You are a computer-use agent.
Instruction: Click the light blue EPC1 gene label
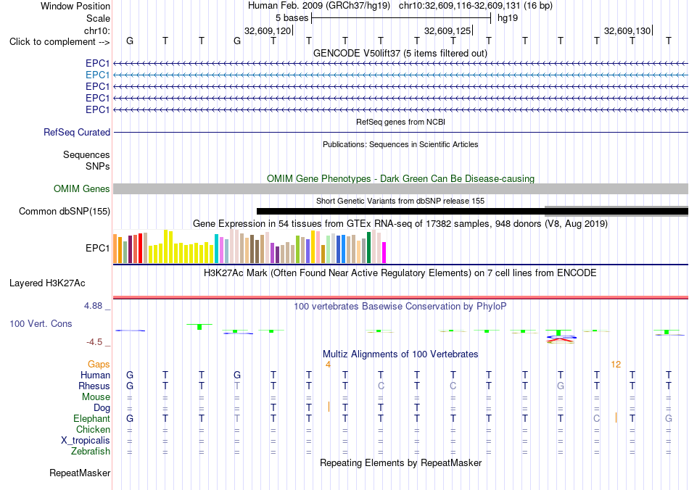point(98,75)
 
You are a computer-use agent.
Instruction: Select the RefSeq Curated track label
point(77,132)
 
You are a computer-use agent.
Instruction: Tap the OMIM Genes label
point(82,188)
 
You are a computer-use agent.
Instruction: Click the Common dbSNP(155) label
point(65,211)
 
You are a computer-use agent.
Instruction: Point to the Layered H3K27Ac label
point(47,283)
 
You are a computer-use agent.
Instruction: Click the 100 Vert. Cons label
point(41,323)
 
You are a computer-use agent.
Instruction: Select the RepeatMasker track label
point(80,473)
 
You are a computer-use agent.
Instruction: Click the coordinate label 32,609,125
point(447,30)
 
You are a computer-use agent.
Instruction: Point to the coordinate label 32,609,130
point(627,30)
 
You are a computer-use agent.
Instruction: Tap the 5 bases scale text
point(292,18)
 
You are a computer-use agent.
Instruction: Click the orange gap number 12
point(616,365)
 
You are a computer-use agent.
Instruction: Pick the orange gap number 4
point(328,365)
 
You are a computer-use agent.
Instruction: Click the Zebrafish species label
point(91,452)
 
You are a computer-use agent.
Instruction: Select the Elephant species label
point(91,419)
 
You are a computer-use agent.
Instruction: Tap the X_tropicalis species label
point(86,441)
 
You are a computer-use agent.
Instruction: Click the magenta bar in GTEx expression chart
point(384,252)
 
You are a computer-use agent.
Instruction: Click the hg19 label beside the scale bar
point(508,18)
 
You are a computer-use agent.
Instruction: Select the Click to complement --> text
point(59,42)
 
